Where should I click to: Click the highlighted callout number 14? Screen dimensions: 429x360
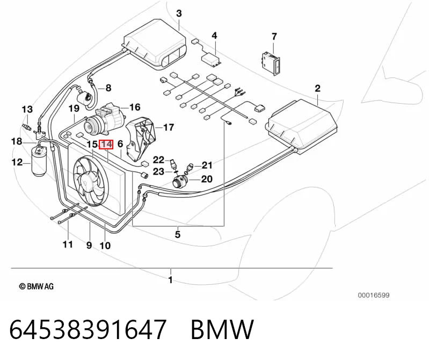[x=106, y=145]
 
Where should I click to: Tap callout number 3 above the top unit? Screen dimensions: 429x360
[x=179, y=13]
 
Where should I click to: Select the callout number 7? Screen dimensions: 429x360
[x=274, y=37]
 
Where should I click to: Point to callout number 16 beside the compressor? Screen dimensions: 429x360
[x=135, y=107]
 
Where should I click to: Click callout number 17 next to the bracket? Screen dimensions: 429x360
[x=169, y=127]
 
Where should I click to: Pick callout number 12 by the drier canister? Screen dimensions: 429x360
[x=17, y=162]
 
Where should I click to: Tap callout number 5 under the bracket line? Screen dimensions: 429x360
[x=178, y=234]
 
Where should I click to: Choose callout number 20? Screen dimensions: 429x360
[x=207, y=179]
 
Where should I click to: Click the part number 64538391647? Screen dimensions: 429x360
[x=88, y=329]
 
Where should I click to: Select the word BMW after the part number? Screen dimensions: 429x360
[x=222, y=329]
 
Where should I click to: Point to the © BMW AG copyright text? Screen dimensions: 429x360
[x=36, y=286]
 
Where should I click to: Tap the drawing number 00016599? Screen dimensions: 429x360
[x=374, y=295]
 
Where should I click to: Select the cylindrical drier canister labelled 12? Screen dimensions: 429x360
[x=39, y=162]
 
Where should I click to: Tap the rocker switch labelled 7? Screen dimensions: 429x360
[x=271, y=63]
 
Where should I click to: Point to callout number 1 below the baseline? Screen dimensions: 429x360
[x=170, y=280]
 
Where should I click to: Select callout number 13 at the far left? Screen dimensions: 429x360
[x=27, y=110]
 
